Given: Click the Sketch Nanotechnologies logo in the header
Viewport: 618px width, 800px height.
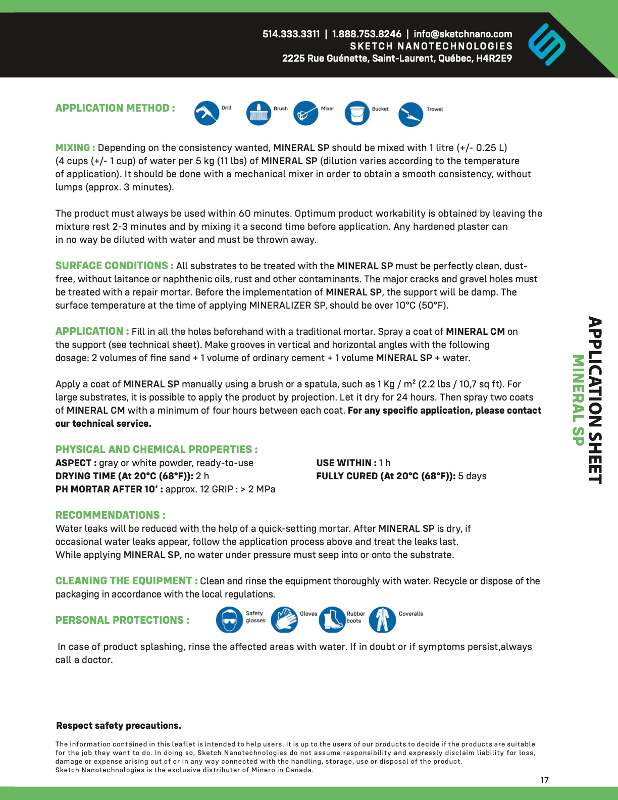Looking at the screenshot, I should tap(547, 44).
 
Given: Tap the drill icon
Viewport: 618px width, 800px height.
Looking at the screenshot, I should tap(207, 113).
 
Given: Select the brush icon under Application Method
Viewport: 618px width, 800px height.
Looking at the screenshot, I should tap(259, 113).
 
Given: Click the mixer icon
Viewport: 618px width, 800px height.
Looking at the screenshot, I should tap(305, 113).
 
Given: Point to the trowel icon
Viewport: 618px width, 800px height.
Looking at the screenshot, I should tap(410, 114).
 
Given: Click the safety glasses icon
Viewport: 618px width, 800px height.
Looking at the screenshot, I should tap(229, 620).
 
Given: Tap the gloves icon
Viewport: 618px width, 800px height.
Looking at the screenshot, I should tap(284, 620).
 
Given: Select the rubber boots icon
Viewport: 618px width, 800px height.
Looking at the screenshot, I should tap(332, 620).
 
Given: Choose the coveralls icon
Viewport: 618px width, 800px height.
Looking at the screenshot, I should tap(382, 620).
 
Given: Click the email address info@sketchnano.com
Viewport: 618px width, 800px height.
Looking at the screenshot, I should tap(462, 34).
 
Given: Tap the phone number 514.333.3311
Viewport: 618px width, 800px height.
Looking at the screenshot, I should tap(291, 34).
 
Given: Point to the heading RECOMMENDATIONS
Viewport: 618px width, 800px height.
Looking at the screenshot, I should tap(110, 515).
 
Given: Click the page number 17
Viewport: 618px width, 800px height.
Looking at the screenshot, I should tap(544, 780).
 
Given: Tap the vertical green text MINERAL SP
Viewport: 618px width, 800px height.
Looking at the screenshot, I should tap(578, 400).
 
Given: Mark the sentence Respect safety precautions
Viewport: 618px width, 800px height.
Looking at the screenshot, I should tap(119, 726).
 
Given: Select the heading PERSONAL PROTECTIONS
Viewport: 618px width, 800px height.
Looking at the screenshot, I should tap(122, 620).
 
